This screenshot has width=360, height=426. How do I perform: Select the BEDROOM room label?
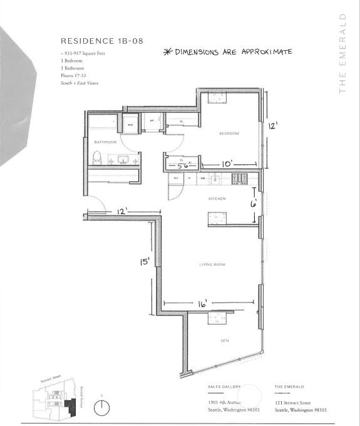(229, 133)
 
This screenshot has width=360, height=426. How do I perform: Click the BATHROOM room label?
(106, 142)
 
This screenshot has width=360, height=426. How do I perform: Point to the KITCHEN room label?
(217, 199)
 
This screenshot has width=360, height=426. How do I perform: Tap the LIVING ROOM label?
(212, 264)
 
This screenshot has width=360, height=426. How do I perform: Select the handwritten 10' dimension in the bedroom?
(227, 164)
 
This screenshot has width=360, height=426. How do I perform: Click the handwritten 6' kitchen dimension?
(253, 204)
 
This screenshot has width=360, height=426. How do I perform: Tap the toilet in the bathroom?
(97, 158)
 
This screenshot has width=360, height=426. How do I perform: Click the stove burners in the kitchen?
(239, 179)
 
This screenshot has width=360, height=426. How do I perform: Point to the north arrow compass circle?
(101, 408)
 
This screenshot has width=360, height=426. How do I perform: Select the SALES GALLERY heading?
(223, 387)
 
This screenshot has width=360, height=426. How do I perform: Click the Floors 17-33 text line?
(74, 75)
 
